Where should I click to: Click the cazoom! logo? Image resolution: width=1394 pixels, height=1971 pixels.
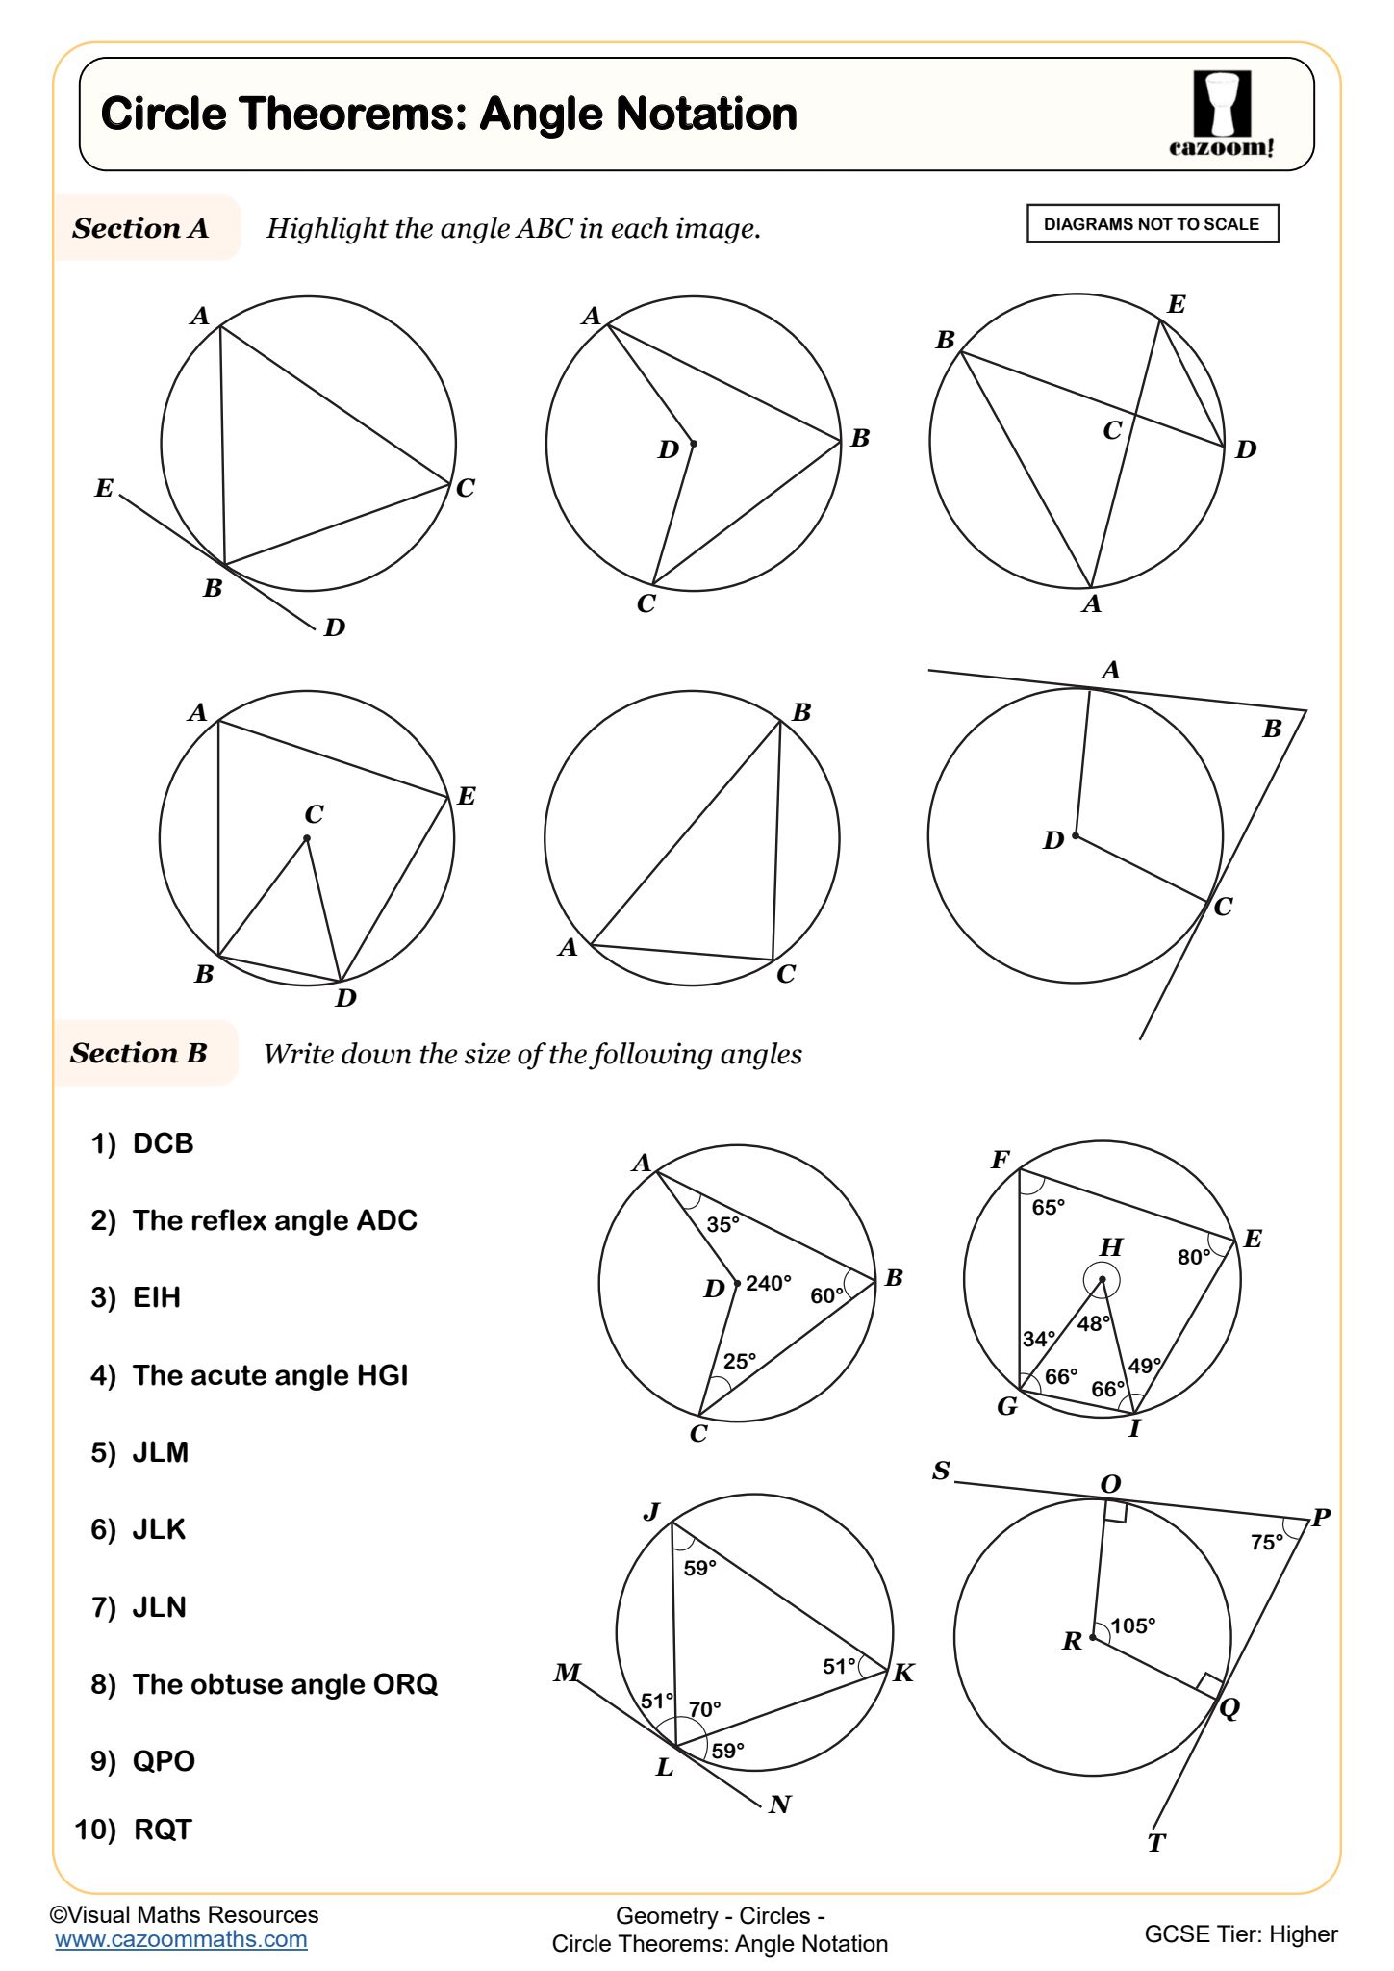(1222, 114)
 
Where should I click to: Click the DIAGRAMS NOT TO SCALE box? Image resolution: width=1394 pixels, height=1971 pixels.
(1152, 224)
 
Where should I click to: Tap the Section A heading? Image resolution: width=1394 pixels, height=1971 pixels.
(140, 228)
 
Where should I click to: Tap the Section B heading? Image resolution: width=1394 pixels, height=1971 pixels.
(139, 1053)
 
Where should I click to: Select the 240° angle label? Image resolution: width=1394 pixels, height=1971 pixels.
(769, 1283)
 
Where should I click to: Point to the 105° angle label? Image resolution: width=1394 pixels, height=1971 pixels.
(1132, 1625)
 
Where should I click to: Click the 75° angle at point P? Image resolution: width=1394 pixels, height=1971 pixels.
(1266, 1542)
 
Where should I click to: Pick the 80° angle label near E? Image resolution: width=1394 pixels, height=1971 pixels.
(1194, 1257)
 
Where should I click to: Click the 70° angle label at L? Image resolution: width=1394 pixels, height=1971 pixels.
(705, 1709)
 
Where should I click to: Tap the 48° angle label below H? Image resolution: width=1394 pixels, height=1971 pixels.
(1094, 1323)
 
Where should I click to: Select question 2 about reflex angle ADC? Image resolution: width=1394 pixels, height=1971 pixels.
(255, 1220)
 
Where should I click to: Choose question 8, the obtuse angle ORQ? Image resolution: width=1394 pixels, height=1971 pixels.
(265, 1684)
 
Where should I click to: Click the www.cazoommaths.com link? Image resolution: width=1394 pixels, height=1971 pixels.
(181, 1939)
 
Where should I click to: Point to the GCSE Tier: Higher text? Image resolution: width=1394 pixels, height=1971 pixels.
(1240, 1933)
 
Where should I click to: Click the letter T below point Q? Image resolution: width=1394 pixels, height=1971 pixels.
(1156, 1843)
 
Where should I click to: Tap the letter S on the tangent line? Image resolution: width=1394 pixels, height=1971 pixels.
(941, 1471)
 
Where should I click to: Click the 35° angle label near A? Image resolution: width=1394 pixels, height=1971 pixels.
(722, 1224)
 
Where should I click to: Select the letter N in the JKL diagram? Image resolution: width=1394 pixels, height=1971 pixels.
(780, 1805)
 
